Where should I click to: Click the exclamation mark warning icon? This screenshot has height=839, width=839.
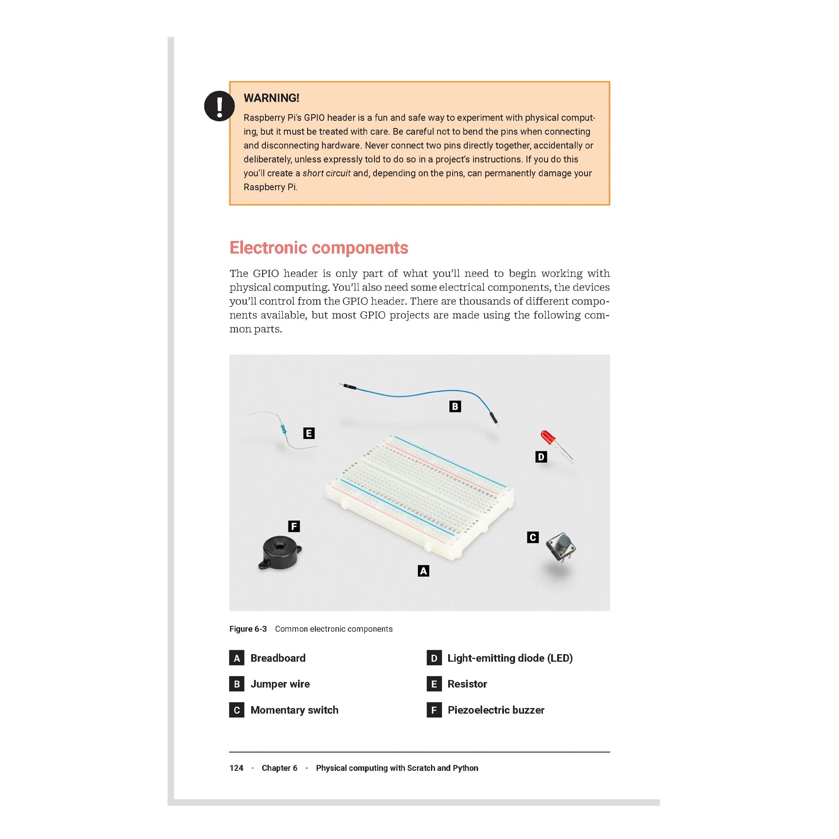tap(219, 106)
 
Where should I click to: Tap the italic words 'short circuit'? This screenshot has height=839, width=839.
tap(326, 173)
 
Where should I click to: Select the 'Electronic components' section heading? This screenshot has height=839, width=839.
tap(318, 247)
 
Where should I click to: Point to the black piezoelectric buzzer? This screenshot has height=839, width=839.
tap(280, 552)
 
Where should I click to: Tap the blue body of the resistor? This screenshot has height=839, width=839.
tap(283, 429)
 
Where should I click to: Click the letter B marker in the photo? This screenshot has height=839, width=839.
tap(455, 406)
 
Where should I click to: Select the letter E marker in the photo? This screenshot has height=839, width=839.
tap(309, 433)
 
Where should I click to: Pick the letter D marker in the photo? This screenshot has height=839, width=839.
tap(541, 457)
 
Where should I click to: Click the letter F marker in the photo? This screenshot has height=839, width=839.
tap(294, 526)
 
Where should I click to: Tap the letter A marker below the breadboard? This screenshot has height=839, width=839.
tap(424, 571)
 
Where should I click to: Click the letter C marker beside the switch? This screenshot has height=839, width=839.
tap(533, 537)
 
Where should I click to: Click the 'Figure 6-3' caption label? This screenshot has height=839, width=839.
tap(247, 629)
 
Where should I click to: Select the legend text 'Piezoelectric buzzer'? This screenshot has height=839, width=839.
tap(496, 710)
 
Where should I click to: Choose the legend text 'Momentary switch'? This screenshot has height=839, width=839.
tap(294, 710)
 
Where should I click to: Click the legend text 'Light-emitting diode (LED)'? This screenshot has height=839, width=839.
tap(510, 658)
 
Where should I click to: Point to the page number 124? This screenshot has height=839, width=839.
tap(236, 768)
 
